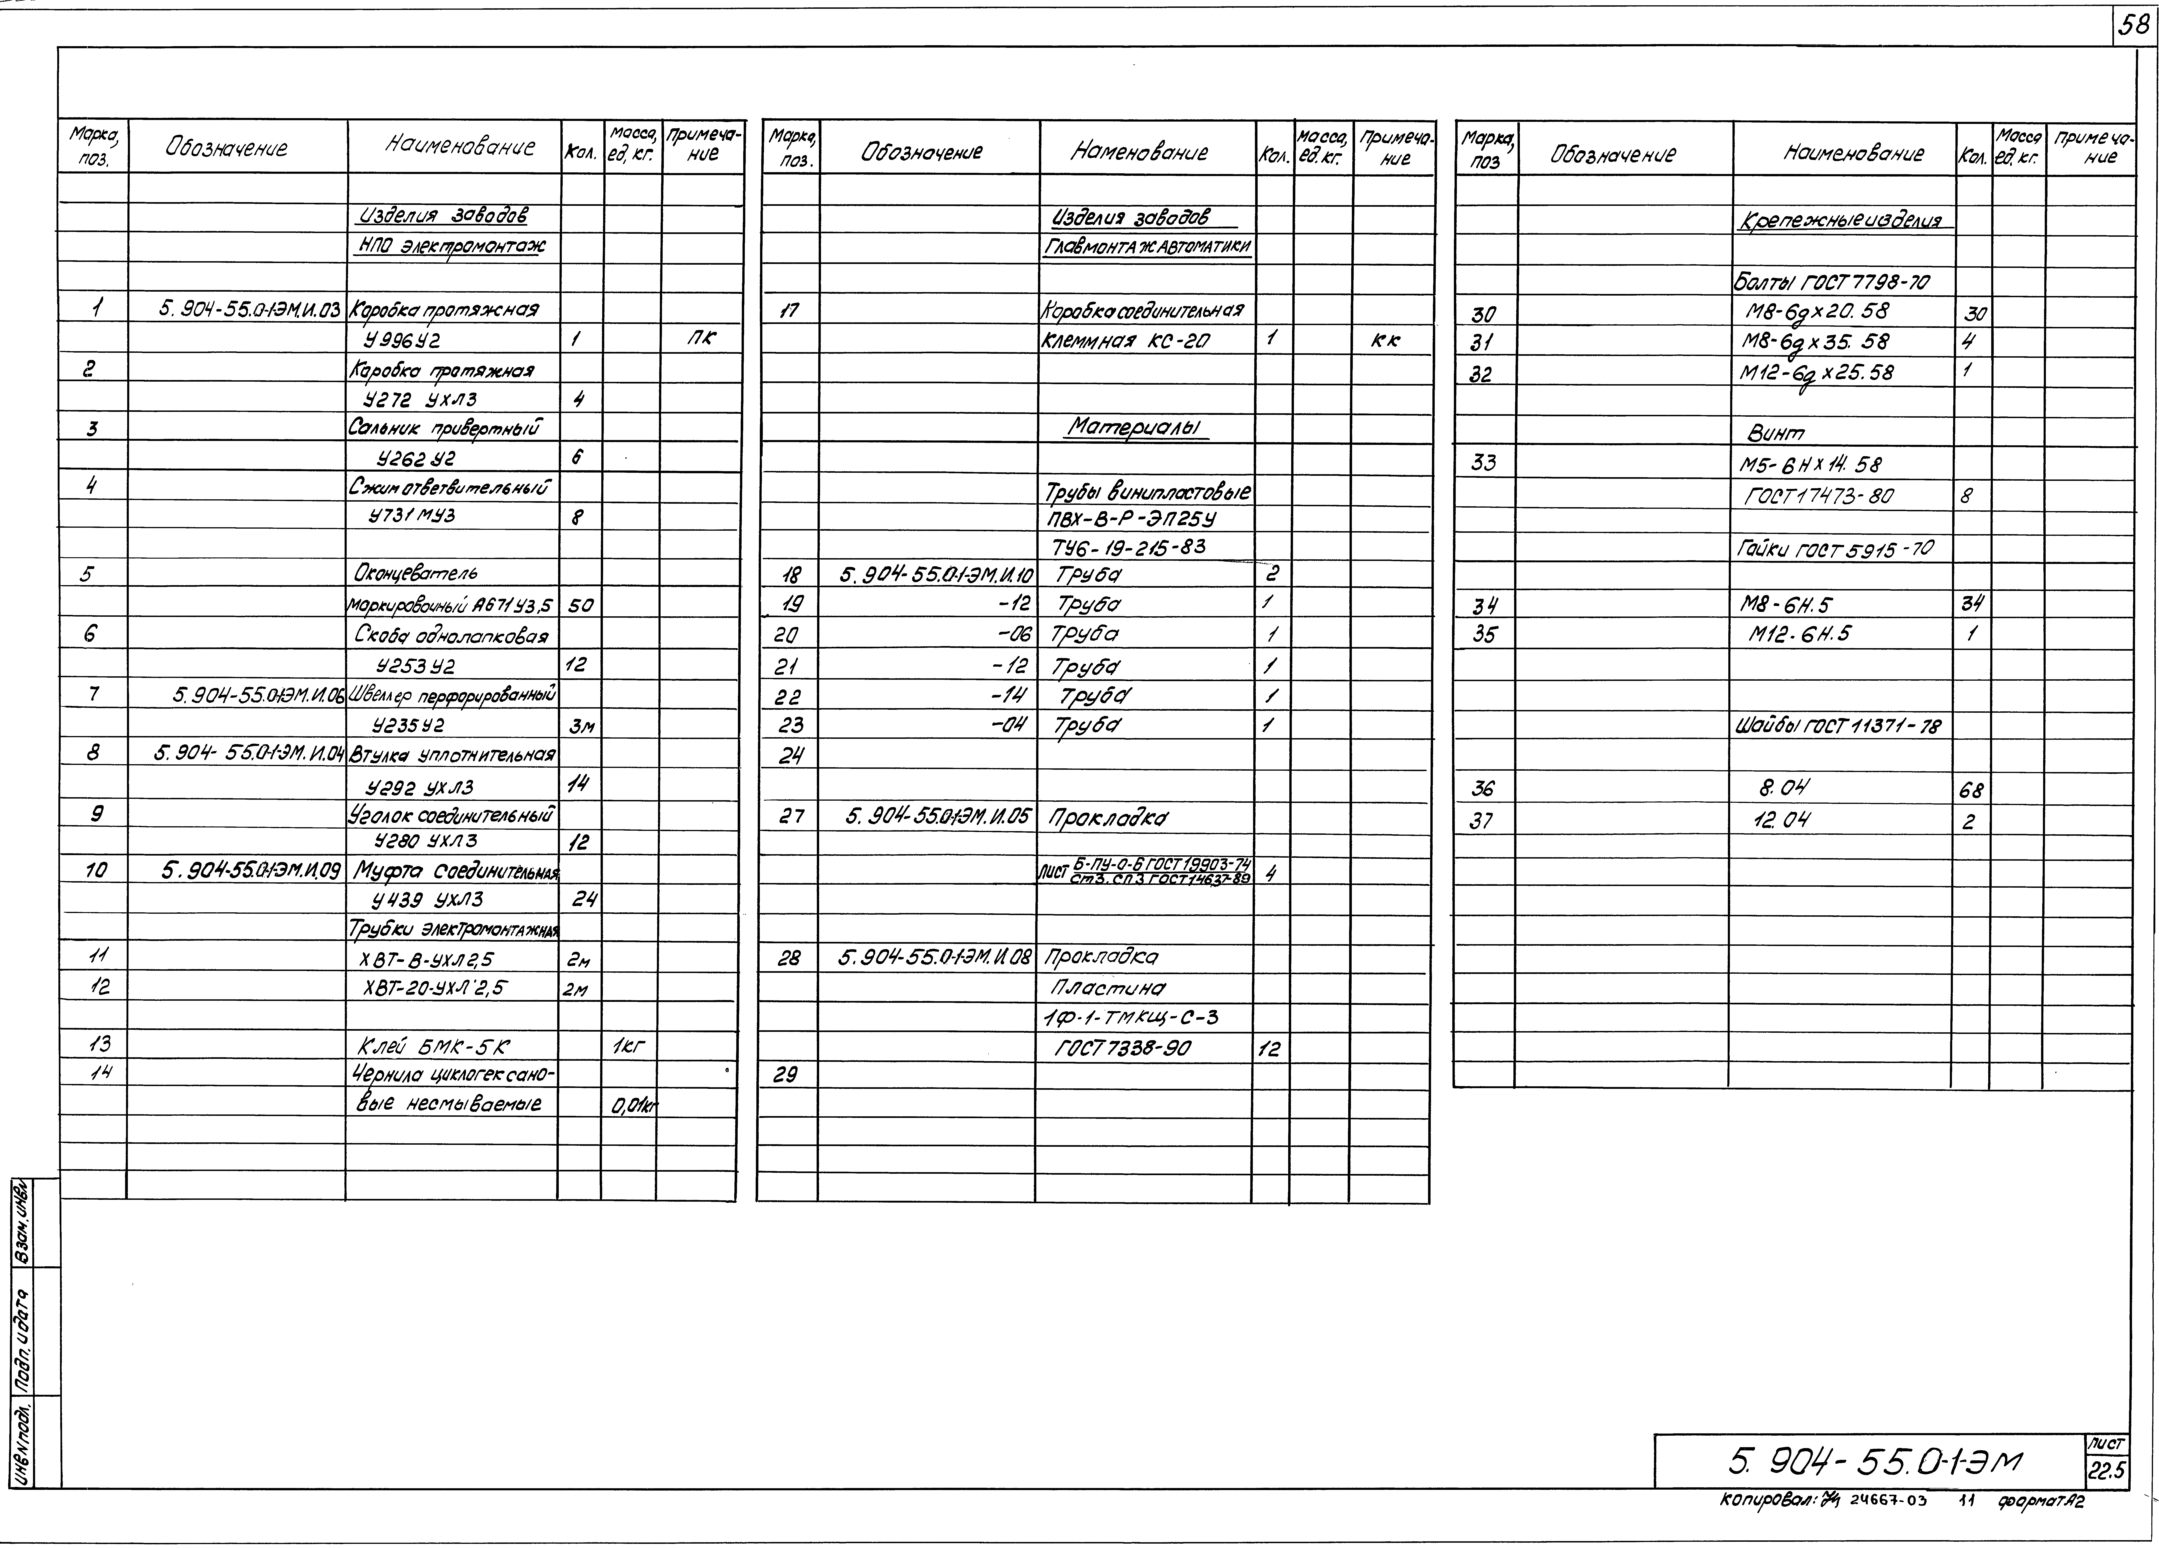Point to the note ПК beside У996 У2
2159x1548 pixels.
pos(701,339)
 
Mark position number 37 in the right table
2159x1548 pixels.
pos(1481,821)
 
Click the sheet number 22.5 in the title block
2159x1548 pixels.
pos(2106,1472)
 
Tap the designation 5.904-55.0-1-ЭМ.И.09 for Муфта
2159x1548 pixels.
pos(251,870)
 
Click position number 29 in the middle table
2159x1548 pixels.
pos(785,1075)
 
